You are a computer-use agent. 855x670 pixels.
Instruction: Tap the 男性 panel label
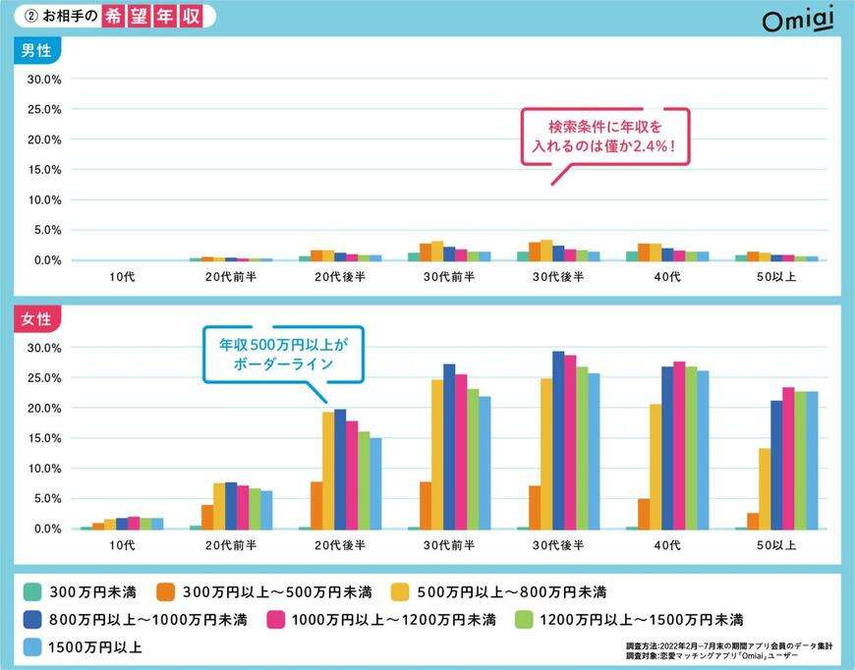point(35,52)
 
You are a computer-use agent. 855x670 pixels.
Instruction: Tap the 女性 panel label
point(35,320)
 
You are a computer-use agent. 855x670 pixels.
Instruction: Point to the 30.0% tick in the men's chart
point(45,79)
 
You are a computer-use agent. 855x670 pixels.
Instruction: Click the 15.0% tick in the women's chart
point(45,438)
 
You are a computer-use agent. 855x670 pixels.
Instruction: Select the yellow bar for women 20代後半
point(328,470)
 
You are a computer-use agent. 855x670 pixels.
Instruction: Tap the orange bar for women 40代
point(644,514)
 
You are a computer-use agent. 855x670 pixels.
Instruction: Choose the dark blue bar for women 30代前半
point(449,446)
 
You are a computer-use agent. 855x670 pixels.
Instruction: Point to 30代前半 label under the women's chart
point(449,546)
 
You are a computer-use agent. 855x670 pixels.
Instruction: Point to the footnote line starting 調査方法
point(729,645)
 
